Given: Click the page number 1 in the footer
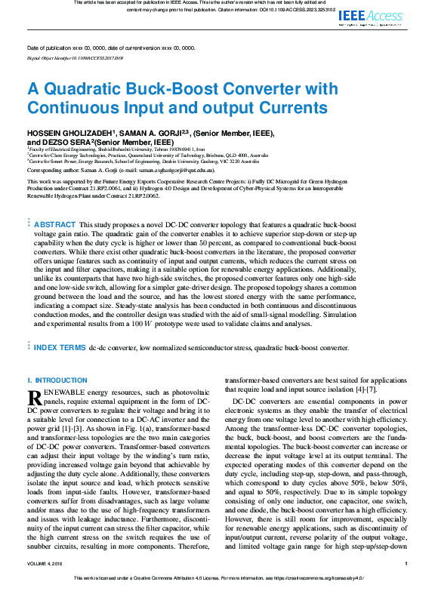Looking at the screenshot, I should pos(406,564).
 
